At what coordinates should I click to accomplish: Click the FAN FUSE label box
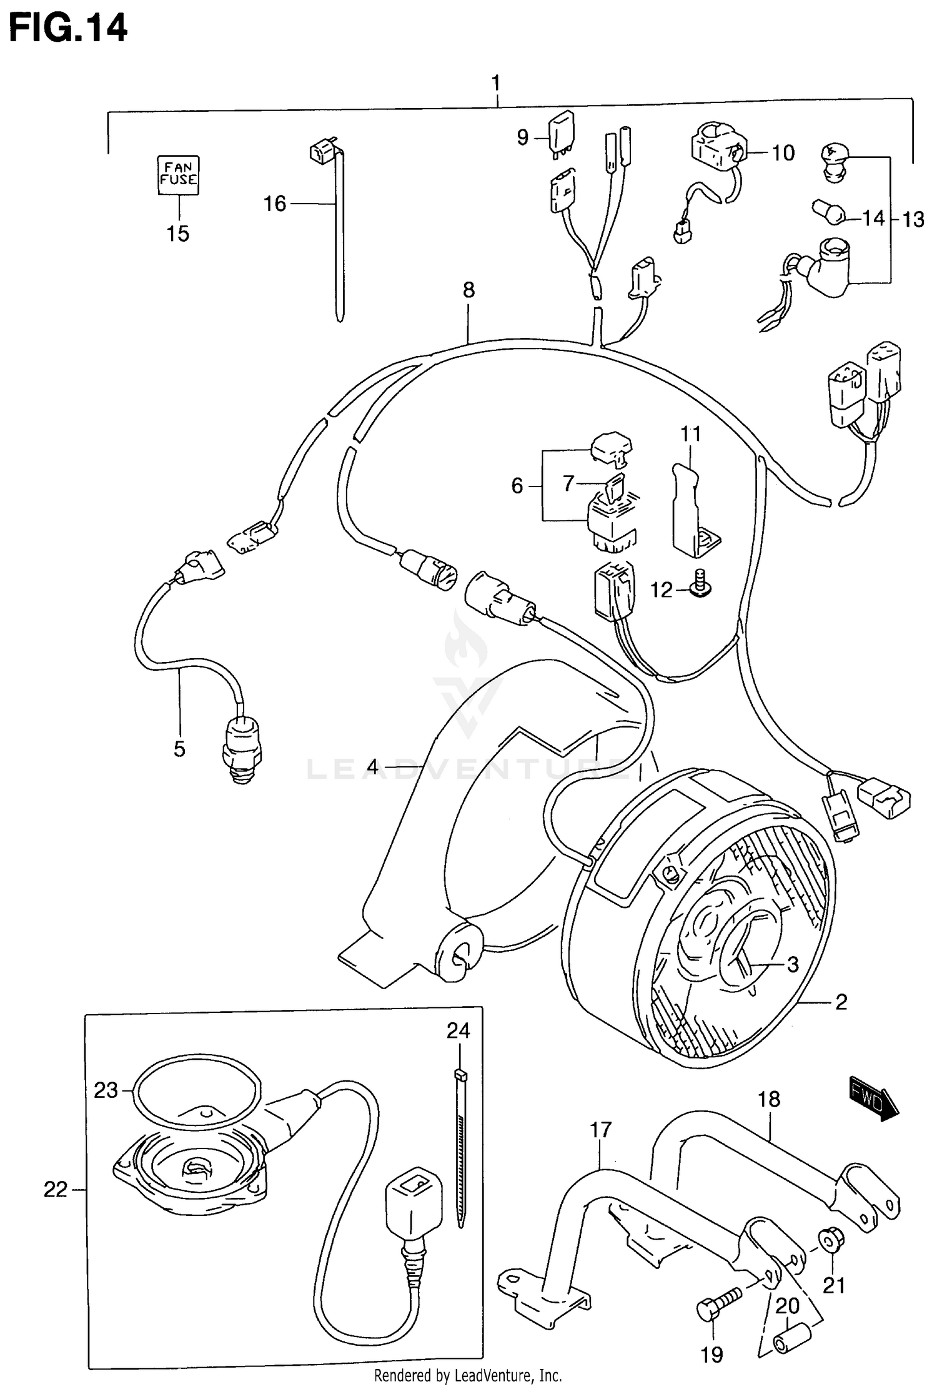coord(178,175)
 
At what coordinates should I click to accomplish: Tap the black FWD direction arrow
coord(873,1097)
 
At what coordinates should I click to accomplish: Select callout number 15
coord(178,234)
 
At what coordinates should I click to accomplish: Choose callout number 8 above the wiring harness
coord(468,290)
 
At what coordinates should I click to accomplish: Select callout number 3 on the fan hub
coord(792,964)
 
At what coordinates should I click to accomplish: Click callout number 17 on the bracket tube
coord(600,1129)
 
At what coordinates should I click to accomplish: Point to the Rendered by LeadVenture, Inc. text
coord(468,1375)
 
